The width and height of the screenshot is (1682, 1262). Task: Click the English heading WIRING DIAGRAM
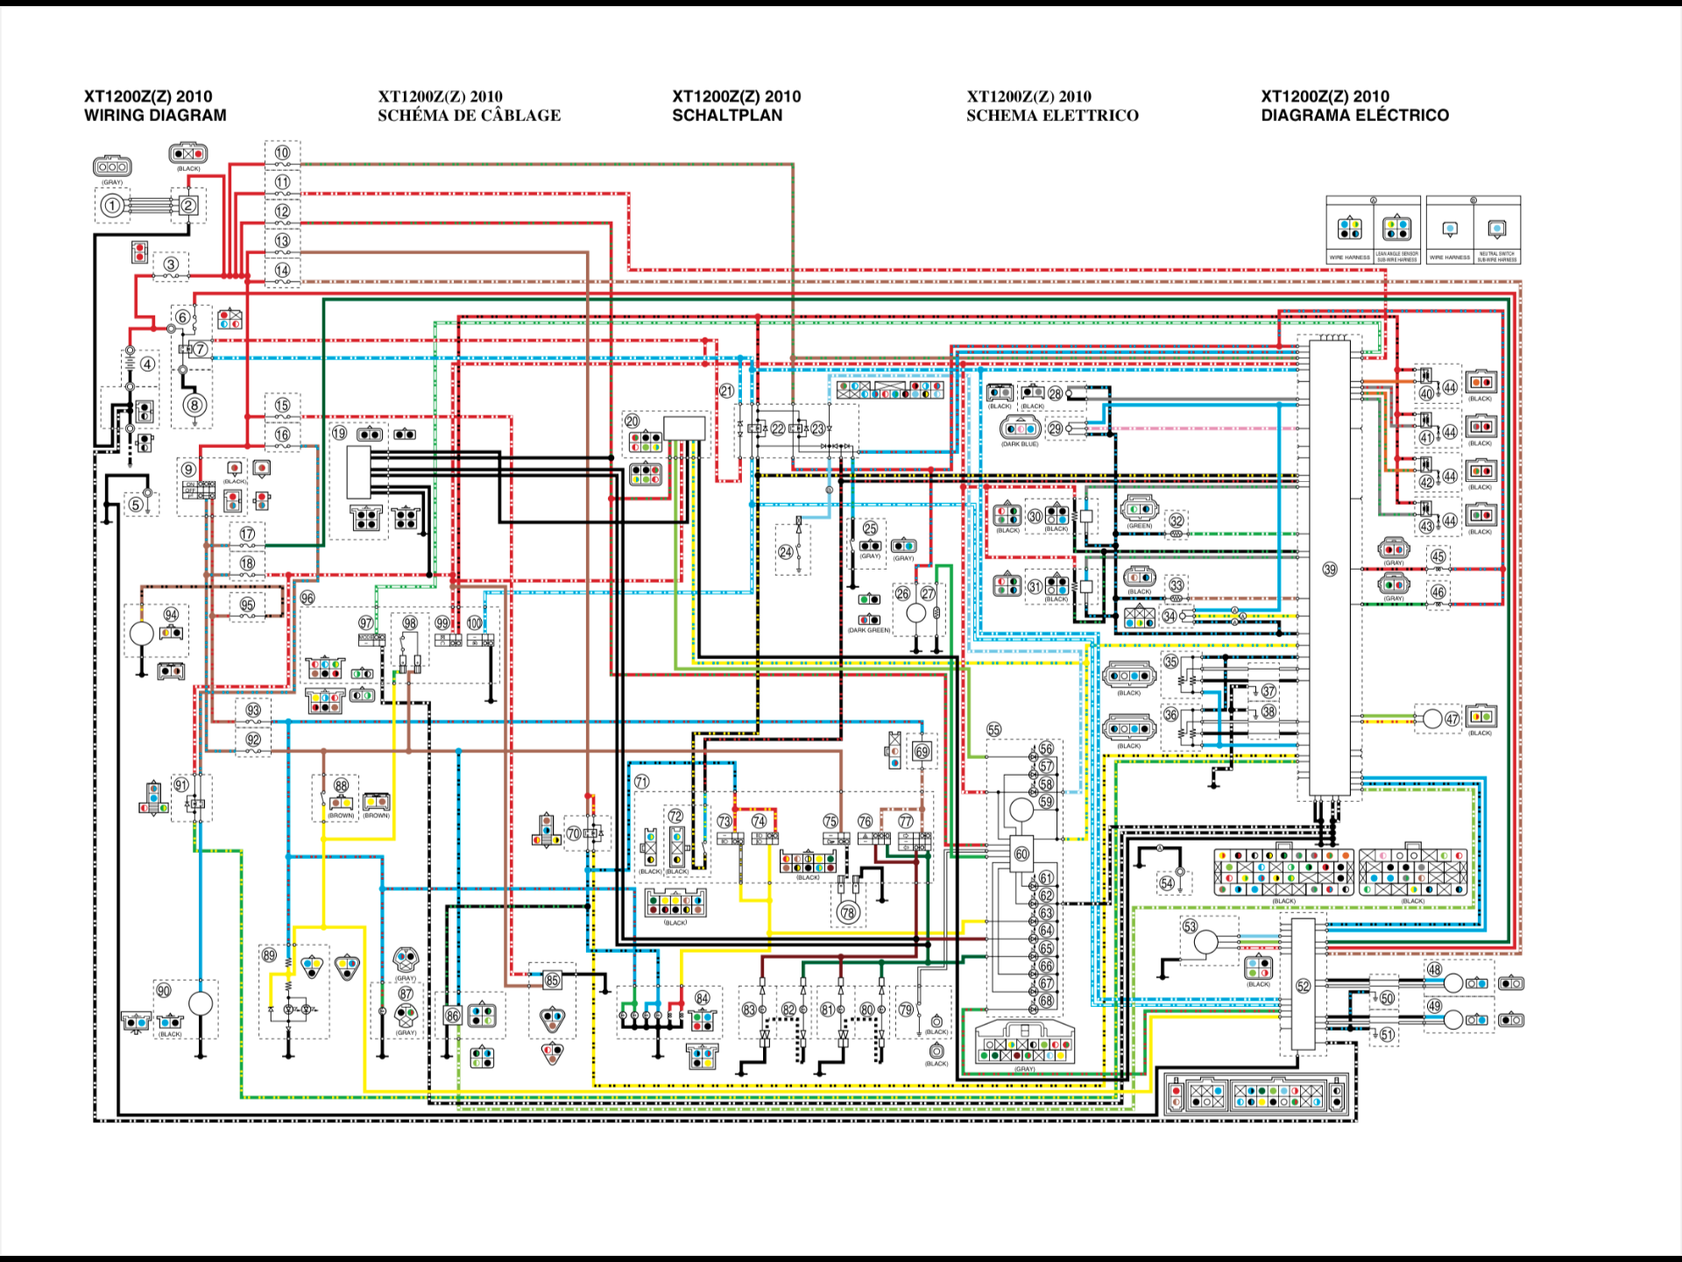pos(155,115)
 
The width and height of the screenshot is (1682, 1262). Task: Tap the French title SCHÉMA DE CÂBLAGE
pos(469,115)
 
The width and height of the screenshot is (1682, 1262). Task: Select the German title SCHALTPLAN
pos(727,115)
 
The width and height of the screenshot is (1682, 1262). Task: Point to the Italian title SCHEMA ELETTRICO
pos(1052,115)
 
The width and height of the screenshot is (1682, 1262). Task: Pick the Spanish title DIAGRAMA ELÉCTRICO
pos(1354,115)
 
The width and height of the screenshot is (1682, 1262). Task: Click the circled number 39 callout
pos(1330,570)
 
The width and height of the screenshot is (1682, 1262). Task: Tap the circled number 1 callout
pos(111,206)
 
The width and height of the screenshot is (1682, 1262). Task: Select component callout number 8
pos(194,405)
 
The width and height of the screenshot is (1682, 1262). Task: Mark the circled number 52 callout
pos(1304,986)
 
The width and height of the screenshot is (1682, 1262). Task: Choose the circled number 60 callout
pos(1021,854)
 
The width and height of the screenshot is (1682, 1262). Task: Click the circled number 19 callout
pos(340,433)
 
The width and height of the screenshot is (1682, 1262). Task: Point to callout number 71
pos(641,781)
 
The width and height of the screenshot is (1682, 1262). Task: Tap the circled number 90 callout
pos(164,990)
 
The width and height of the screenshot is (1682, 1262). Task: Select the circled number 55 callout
pos(993,729)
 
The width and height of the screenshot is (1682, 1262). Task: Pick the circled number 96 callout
pos(307,598)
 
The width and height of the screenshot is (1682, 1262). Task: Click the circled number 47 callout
pos(1452,719)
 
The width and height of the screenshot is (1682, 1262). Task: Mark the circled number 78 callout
pos(848,912)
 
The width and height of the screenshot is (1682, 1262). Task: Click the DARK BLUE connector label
pos(1020,444)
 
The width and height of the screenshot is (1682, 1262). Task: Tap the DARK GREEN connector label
pos(868,630)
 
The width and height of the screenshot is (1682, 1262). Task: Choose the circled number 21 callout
pos(726,391)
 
